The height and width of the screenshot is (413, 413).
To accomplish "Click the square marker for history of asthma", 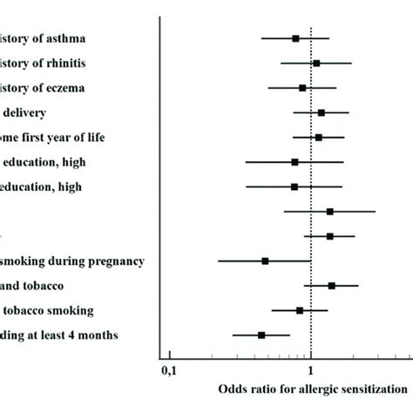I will tap(295, 38).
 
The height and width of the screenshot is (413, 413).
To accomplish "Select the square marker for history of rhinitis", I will tap(316, 63).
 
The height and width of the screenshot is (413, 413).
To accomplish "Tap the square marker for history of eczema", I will tap(302, 87).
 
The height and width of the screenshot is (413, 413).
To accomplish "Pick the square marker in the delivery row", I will tap(322, 112).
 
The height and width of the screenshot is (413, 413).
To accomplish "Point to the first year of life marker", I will tap(319, 137).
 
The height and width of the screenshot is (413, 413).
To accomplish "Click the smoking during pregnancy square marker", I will tap(265, 261).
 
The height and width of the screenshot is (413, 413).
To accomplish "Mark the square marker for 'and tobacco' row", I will tap(331, 285).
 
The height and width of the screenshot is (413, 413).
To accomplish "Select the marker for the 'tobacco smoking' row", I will tap(300, 309).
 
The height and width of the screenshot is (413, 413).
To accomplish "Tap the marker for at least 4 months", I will tap(261, 335).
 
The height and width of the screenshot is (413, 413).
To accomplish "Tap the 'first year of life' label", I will tap(82, 137).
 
